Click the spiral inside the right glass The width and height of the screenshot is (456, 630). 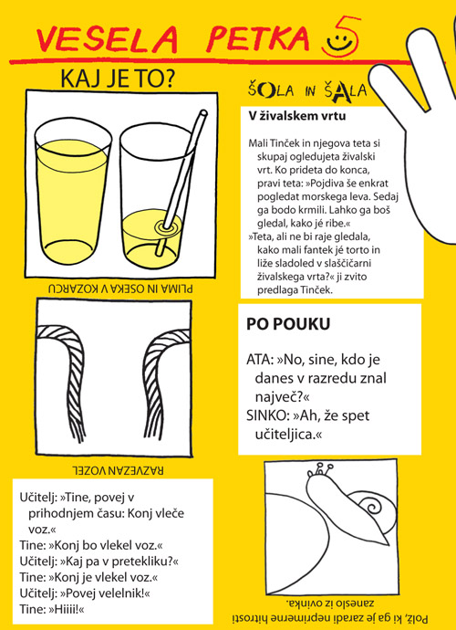(168, 226)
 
